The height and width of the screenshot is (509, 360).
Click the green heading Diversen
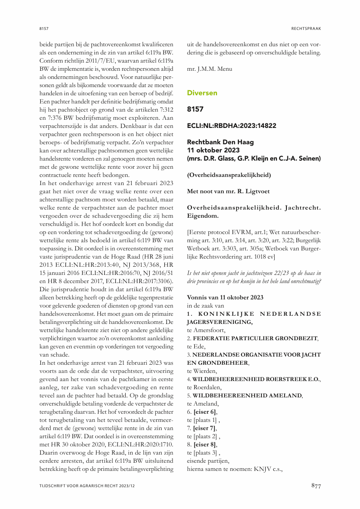[202, 93]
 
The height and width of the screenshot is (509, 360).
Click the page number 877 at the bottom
[316, 486]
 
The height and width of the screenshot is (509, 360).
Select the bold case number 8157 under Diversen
[195, 109]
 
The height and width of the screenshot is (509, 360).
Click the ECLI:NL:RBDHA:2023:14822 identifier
[232, 126]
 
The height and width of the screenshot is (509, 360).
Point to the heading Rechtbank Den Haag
[221, 142]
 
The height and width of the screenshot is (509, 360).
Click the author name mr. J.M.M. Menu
[209, 69]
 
